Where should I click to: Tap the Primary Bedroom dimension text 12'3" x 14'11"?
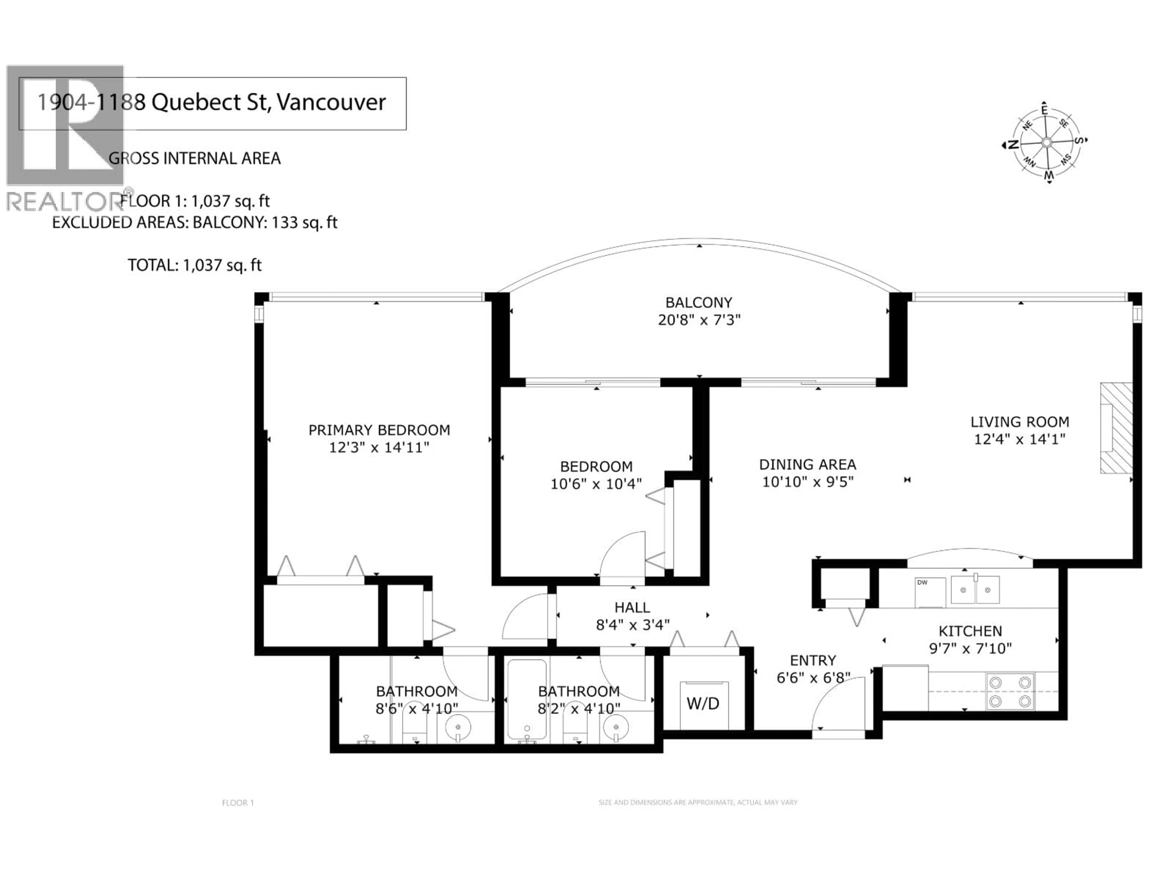click(x=379, y=448)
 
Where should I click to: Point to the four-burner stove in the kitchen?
click(x=1010, y=691)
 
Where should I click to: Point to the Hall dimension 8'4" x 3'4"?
click(x=633, y=625)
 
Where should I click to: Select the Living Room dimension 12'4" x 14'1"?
click(x=1019, y=439)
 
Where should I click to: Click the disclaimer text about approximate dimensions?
click(x=697, y=802)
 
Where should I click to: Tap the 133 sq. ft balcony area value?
click(x=304, y=222)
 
